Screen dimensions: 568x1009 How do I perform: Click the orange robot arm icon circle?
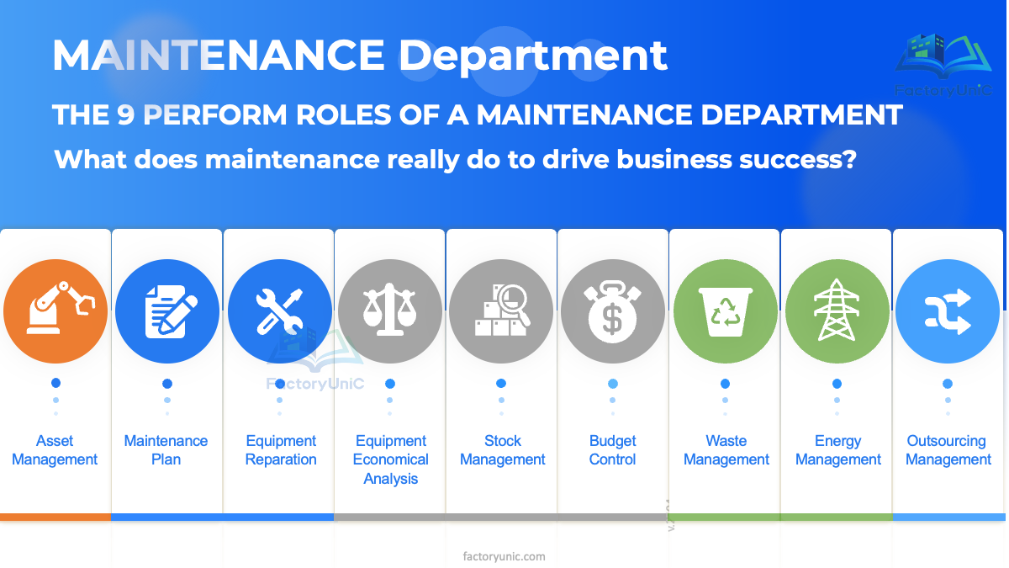pyautogui.click(x=55, y=311)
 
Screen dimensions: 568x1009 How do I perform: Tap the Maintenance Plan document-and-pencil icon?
pyautogui.click(x=167, y=311)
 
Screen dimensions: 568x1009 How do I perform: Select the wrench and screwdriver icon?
pyautogui.click(x=279, y=311)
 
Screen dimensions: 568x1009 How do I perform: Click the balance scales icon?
pyautogui.click(x=390, y=311)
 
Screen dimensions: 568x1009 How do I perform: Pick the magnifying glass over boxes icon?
pyautogui.click(x=501, y=311)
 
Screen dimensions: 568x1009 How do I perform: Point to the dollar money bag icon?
pyautogui.click(x=613, y=311)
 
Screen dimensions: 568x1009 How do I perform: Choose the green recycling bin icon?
pyautogui.click(x=726, y=311)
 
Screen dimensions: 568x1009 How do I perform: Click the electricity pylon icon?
pyautogui.click(x=837, y=311)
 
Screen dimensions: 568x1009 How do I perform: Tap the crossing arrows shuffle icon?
pyautogui.click(x=948, y=311)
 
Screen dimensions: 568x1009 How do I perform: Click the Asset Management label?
pyautogui.click(x=55, y=450)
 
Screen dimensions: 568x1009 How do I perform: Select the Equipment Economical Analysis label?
pyautogui.click(x=391, y=459)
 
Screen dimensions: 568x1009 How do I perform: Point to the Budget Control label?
pyautogui.click(x=613, y=450)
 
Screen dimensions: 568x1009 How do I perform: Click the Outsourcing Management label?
pyautogui.click(x=948, y=450)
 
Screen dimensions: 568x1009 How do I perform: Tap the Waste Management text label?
pyautogui.click(x=726, y=450)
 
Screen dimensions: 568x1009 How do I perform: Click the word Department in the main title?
pyautogui.click(x=532, y=56)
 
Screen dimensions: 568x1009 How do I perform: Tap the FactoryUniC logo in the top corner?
pyautogui.click(x=943, y=63)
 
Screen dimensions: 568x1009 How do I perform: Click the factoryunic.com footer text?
pyautogui.click(x=504, y=556)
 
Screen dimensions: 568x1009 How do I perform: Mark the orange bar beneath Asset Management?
pyautogui.click(x=55, y=517)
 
